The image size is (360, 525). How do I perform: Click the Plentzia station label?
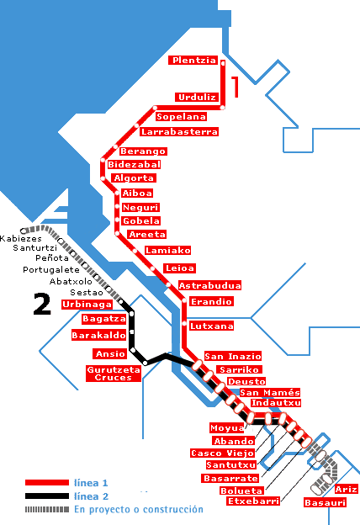193,61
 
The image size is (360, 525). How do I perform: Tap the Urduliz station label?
197,98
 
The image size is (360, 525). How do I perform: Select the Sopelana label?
181,116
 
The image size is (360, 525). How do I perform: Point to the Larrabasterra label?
179,131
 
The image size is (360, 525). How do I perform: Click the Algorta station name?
134,178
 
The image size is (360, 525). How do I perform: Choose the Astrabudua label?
209,285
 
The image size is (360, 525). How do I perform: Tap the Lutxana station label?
211,326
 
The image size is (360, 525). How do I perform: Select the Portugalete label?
51,270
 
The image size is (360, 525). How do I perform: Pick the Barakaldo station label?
98,335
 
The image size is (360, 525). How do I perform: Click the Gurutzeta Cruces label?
114,374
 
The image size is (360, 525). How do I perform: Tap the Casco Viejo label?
222,453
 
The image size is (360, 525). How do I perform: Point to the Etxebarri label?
253,501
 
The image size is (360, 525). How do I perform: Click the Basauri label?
325,502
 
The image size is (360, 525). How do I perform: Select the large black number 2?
42,304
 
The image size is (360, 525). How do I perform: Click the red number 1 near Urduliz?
236,87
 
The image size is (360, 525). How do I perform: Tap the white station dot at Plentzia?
223,62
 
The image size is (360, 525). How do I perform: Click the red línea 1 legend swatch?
47,482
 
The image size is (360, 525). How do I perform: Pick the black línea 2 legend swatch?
47,496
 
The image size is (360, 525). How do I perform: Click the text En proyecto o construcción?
139,510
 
